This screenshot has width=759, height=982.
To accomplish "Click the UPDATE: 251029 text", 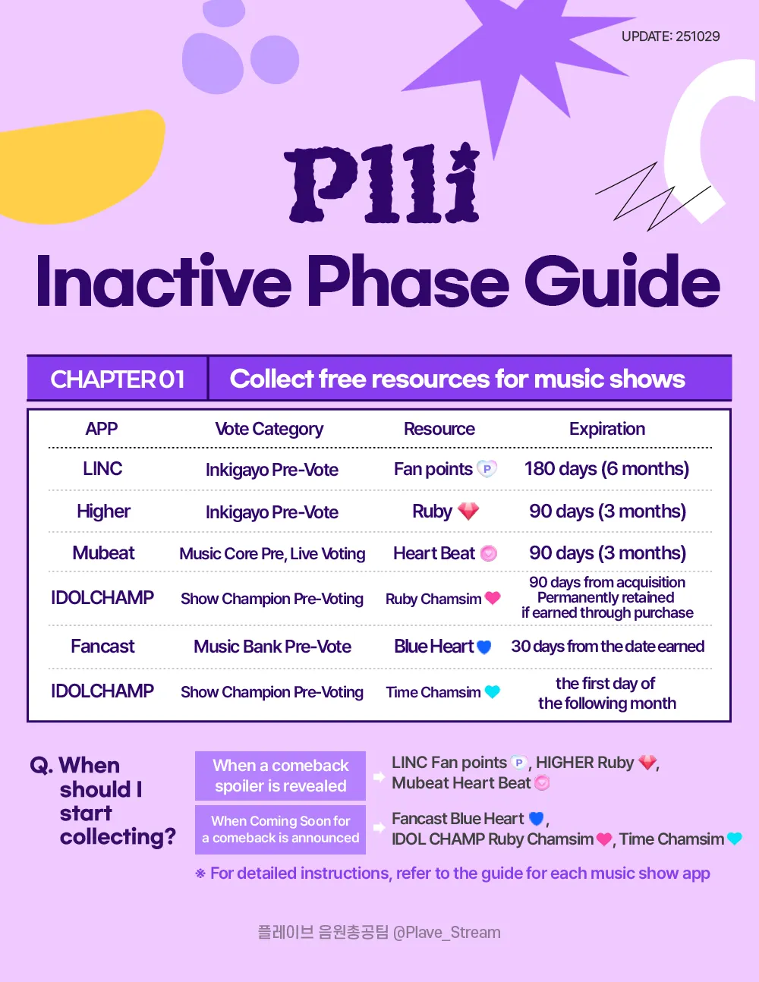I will pos(670,36).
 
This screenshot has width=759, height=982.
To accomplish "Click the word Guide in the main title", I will pos(622,282).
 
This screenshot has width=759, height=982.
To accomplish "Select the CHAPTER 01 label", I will pos(118,379).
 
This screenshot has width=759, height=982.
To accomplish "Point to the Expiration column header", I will pos(606,429).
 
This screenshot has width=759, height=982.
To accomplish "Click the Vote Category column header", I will pos(269,429).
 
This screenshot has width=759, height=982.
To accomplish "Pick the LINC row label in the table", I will pos(102,469).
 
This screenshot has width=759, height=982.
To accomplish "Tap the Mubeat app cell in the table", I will pos(103,553).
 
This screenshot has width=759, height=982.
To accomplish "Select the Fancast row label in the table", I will pos(102,647).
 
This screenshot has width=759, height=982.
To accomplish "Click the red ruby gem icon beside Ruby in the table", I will pos(468,511).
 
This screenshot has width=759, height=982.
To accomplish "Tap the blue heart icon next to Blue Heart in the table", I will pos(483,647).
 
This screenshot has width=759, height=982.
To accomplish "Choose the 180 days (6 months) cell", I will pos(606,469).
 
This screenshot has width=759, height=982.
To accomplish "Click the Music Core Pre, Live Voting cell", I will pos(272,554).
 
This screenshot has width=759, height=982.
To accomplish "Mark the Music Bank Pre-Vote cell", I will pos(272,647).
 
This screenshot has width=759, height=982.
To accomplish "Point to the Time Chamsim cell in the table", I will pos(433,692).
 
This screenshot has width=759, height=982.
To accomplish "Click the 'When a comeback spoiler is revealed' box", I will pos(280,776).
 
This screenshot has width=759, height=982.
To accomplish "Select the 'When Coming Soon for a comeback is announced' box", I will pos(280,829).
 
